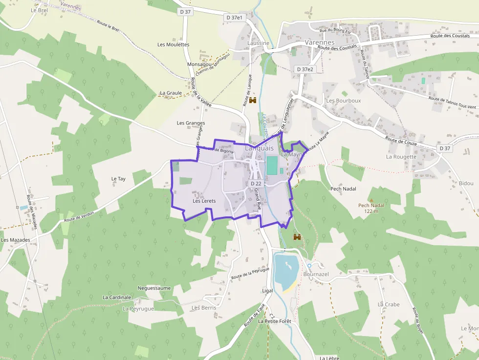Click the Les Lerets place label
coord(204,201)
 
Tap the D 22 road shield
coord(255,183)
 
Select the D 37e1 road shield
coord(235,17)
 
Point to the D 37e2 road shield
coord(305,69)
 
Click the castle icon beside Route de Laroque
coord(253,101)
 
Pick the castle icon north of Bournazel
coord(297,237)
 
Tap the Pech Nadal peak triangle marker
coord(371,200)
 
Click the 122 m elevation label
coord(371,211)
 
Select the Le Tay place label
coord(118,179)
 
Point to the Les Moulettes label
coord(173,44)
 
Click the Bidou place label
coord(466,183)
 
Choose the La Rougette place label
coord(401,157)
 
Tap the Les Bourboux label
coord(344,101)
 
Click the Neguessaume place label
coord(154,288)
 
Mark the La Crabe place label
coord(389,304)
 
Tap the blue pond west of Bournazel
coord(285,270)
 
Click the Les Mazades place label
coord(16,240)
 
